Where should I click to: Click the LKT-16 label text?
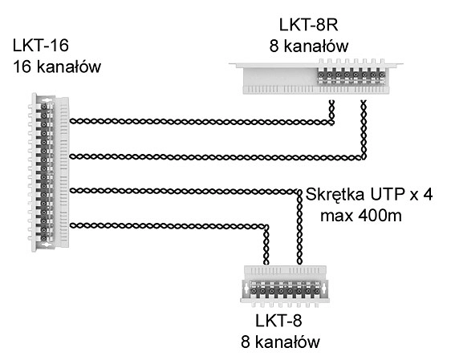tap(41, 46)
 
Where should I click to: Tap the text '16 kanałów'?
tap(57, 67)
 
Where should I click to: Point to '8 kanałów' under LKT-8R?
tap(309, 46)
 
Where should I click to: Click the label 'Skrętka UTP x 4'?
tap(369, 195)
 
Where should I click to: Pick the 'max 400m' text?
tap(361, 216)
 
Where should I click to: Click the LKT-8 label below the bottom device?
tap(278, 321)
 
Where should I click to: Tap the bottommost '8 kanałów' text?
tap(280, 342)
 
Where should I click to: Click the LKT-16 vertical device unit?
tap(49, 172)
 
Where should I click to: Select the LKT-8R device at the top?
tap(316, 76)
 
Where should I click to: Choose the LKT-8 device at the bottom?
tap(285, 285)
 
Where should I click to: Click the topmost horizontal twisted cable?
tap(201, 122)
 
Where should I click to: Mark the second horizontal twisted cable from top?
tap(216, 157)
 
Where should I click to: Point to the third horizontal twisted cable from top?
tap(184, 191)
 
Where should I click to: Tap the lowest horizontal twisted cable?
tap(169, 226)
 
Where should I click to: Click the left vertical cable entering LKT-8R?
tap(331, 112)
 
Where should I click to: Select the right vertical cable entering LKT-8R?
tap(364, 130)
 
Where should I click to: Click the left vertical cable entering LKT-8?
tap(266, 245)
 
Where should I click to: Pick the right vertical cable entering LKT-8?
tap(299, 227)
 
